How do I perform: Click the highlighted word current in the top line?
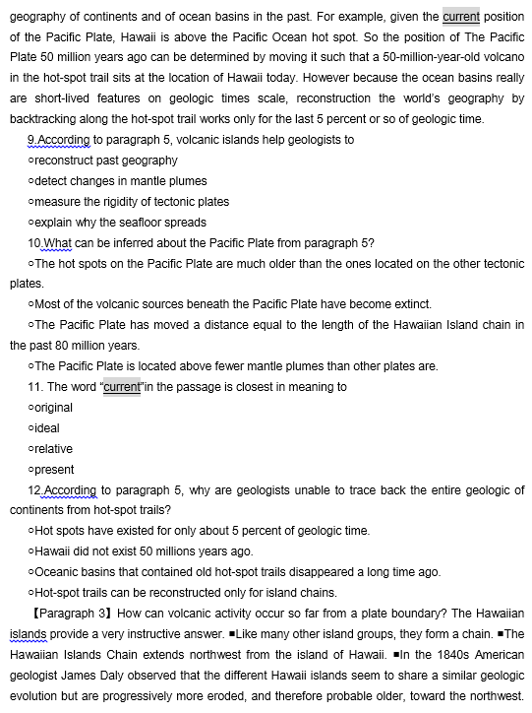(460, 16)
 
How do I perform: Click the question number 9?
(34, 140)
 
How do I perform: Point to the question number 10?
(36, 243)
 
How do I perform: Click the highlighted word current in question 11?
(123, 387)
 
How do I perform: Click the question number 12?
(36, 490)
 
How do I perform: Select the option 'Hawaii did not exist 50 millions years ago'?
(144, 551)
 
